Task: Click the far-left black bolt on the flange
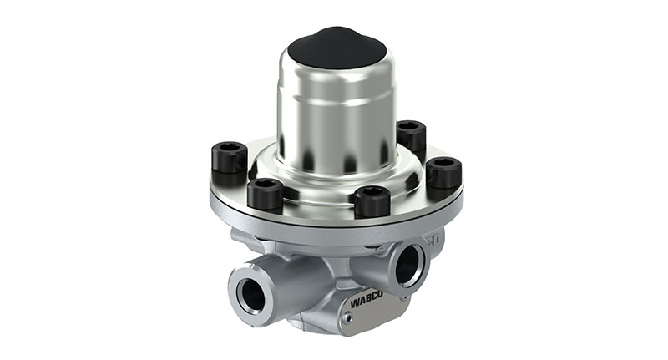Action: (230, 156)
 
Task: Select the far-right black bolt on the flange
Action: (443, 172)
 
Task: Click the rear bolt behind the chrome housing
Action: (411, 135)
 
